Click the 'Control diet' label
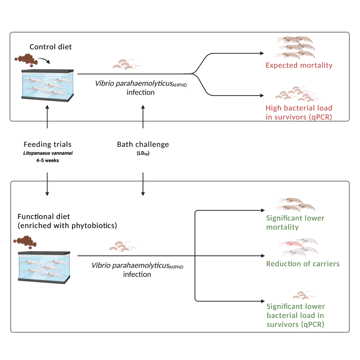tap(51, 47)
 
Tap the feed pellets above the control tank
tap(26, 59)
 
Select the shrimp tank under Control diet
tap(47, 84)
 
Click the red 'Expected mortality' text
tap(299, 65)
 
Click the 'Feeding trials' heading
tap(47, 144)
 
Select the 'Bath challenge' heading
tap(143, 144)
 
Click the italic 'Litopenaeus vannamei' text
tap(47, 152)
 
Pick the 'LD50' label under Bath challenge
tap(143, 153)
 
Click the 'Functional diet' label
tap(44, 216)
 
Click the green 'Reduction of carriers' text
tap(303, 264)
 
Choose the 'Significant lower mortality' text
tap(295, 222)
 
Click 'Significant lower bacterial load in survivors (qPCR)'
tap(296, 315)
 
